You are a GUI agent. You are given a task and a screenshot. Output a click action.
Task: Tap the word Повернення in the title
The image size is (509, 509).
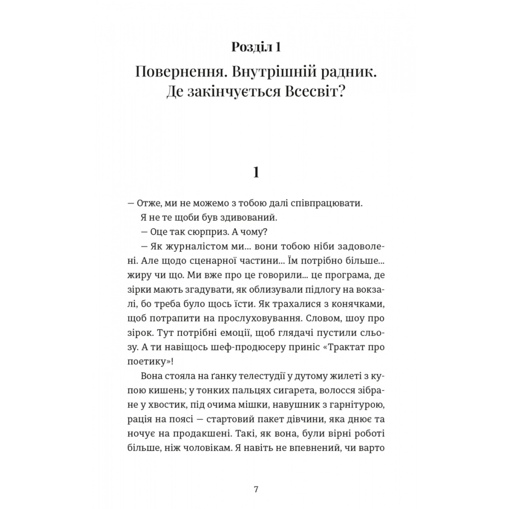point(174,72)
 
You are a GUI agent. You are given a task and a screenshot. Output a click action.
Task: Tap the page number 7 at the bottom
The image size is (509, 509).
point(256,489)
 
